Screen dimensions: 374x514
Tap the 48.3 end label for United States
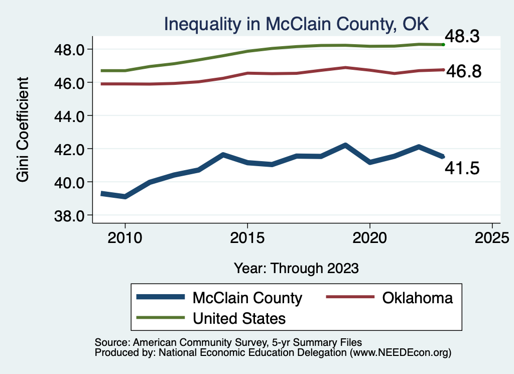point(464,37)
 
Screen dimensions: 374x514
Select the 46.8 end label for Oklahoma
point(464,71)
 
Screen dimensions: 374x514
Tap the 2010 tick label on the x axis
point(124,237)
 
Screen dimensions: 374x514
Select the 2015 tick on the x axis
point(247,237)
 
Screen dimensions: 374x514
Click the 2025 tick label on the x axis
point(492,237)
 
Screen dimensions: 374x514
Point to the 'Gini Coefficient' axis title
point(23,130)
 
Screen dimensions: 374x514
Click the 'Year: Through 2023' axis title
point(296,268)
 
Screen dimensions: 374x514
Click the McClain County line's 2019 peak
point(345,145)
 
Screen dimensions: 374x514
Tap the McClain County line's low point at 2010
point(124,196)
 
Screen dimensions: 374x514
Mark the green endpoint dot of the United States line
point(443,45)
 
